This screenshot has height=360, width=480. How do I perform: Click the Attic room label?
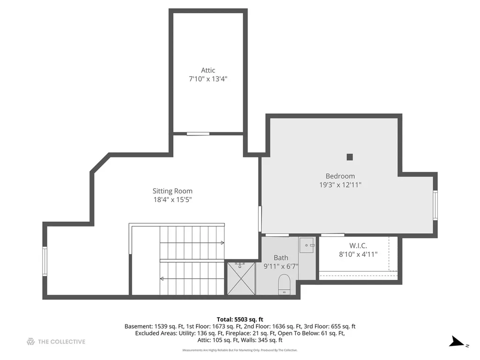208,70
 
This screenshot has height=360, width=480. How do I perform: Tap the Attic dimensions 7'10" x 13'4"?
208,79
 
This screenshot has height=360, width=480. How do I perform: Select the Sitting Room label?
172,191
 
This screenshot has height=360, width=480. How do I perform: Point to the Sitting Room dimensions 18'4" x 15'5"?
172,200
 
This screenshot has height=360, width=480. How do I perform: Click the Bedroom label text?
340,176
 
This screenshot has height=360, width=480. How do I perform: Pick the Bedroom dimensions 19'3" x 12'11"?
340,185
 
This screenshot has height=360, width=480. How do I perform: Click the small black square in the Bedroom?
350,157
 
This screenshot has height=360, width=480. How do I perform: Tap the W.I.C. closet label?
358,246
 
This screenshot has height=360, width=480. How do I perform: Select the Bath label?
281,258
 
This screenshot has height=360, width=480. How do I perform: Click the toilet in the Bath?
284,285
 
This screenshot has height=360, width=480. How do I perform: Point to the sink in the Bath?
307,245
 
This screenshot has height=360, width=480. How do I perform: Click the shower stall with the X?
241,278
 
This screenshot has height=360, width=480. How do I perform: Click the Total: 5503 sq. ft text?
240,320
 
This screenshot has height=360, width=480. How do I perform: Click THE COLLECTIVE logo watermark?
56,342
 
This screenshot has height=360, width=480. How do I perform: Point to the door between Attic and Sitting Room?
198,134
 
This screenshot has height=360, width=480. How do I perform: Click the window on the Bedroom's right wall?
435,205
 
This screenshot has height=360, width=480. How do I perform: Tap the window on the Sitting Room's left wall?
45,262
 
